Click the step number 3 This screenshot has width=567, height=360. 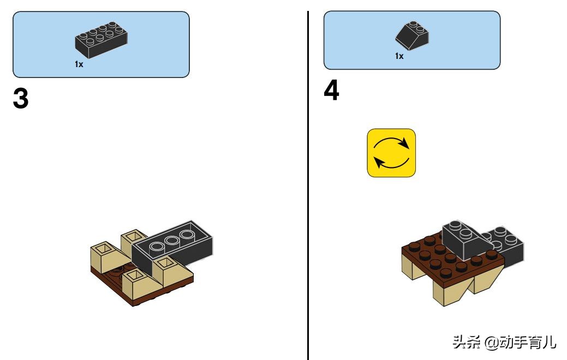click(21, 98)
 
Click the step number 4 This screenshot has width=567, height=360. click(331, 90)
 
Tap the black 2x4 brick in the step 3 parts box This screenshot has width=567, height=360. click(101, 40)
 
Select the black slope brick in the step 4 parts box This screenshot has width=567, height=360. click(412, 35)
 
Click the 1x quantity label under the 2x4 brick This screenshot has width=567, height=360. click(79, 64)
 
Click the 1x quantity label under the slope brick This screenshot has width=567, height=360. click(399, 56)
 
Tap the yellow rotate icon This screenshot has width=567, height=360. click(391, 153)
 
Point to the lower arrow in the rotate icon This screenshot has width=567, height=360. click(391, 165)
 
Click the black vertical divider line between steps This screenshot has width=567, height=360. click(308, 185)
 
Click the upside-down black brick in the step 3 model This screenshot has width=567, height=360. click(172, 246)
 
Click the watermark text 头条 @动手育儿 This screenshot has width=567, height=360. click(504, 342)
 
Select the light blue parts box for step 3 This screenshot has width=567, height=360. click(102, 45)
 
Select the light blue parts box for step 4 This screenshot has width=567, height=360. click(412, 40)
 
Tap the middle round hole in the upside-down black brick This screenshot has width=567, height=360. click(172, 241)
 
